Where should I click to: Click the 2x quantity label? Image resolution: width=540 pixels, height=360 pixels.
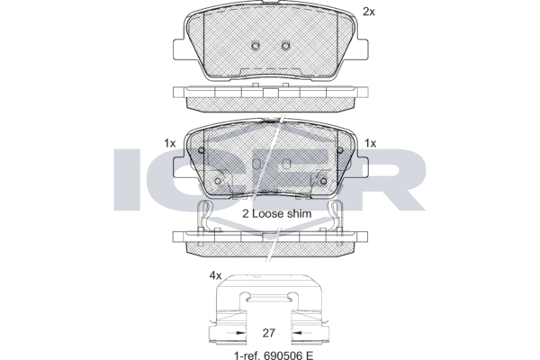click(369, 12)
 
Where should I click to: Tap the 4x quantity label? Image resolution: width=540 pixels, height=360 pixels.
click(216, 275)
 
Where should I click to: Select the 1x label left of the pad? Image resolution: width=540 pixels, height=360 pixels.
click(169, 143)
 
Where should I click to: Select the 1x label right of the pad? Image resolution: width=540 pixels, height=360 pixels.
click(370, 143)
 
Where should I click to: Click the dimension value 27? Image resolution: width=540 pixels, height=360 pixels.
click(268, 333)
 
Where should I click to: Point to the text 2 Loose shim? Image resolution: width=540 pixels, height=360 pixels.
click(277, 213)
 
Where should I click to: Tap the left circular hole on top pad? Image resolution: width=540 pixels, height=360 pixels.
click(256, 46)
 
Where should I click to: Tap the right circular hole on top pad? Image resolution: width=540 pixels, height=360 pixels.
click(285, 46)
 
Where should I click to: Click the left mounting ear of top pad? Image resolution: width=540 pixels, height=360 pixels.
click(178, 49)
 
